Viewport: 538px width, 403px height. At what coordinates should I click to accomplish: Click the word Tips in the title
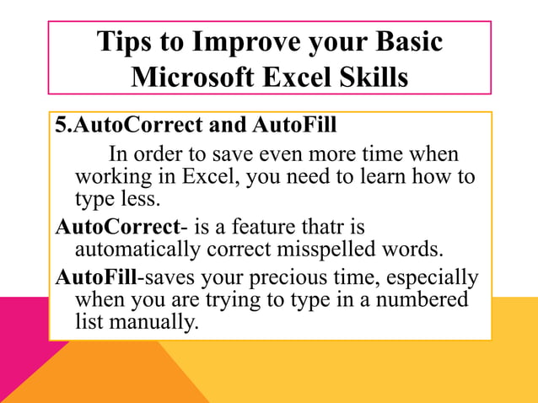point(126,42)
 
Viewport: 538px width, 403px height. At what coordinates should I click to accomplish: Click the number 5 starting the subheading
point(60,126)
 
